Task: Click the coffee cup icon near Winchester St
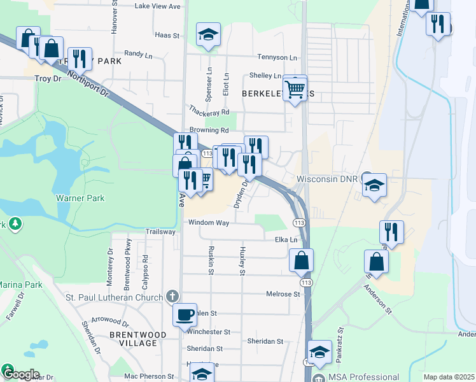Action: [185, 315]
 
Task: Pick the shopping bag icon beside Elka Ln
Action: [301, 260]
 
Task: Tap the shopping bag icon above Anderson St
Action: [376, 261]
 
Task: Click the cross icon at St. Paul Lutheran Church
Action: [171, 296]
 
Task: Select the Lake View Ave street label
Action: [158, 6]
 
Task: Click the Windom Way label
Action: [208, 223]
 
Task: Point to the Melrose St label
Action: [283, 294]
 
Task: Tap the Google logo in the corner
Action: [20, 374]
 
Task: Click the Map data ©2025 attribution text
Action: [449, 377]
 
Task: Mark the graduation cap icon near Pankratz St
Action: [319, 352]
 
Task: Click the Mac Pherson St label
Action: [148, 376]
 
